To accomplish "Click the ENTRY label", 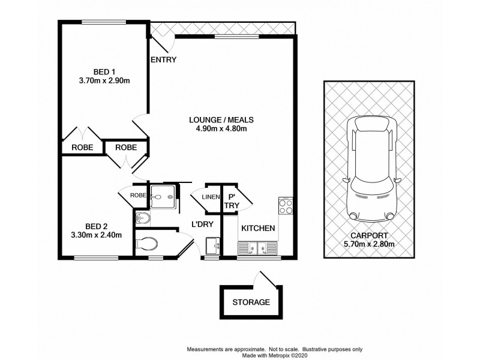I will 163,60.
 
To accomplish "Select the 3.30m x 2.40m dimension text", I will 97,235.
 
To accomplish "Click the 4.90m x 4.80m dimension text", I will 222,128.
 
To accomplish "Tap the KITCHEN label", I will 258,229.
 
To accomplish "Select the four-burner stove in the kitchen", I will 285,207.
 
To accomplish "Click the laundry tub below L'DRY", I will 212,246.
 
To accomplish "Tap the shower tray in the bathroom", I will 163,196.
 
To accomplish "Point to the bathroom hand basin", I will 143,217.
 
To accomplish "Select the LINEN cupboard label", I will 209,197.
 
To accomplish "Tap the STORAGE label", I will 251,302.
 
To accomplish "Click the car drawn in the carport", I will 368,168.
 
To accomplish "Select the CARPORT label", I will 368,236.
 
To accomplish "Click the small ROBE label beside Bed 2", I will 137,196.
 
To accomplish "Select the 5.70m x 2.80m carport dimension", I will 368,245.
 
